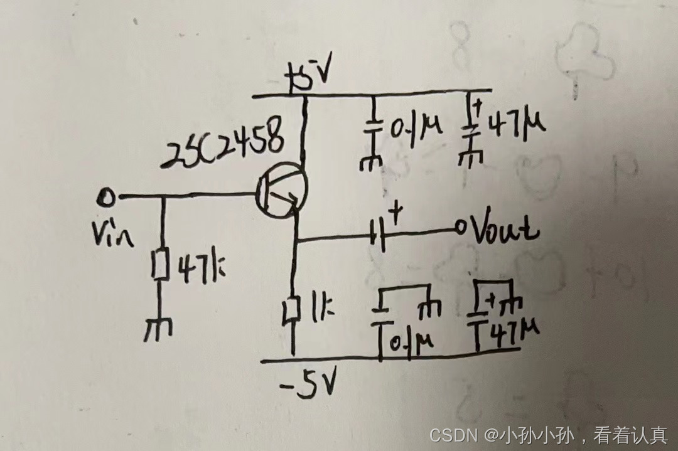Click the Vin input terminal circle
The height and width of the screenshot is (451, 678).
pyautogui.click(x=107, y=198)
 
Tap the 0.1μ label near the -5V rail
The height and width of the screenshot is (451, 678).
pyautogui.click(x=410, y=342)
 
